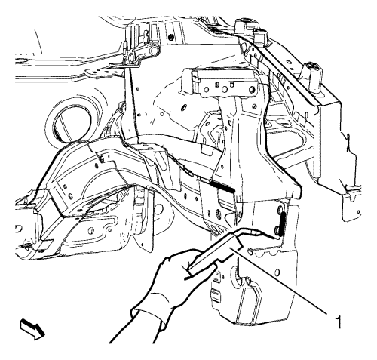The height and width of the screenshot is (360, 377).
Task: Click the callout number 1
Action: tap(339, 322)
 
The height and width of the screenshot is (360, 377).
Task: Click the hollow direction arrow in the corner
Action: tap(33, 329)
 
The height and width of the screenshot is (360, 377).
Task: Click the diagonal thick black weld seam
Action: tap(223, 187)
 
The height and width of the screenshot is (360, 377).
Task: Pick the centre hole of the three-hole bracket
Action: tap(225, 89)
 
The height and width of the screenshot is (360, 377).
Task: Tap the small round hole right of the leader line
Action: tap(277, 272)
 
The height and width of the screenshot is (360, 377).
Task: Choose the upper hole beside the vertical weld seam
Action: tap(279, 209)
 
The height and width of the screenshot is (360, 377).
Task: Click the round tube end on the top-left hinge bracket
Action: tap(154, 51)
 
